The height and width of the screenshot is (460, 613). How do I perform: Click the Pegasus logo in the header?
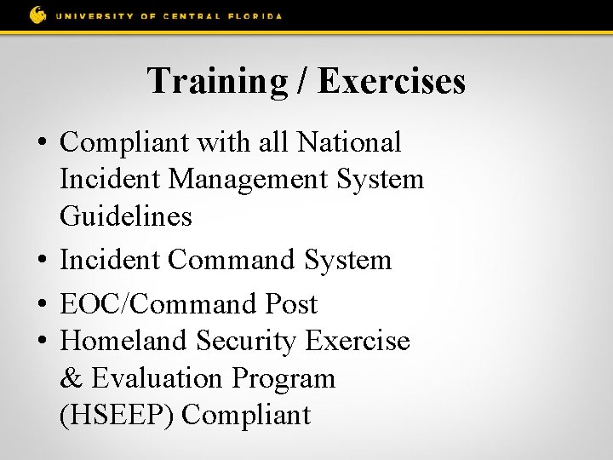coord(37,14)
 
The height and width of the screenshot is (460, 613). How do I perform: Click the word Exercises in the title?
coord(393,81)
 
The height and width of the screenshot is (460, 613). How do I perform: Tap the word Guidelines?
coord(126,216)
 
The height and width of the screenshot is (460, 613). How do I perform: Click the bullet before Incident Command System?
coord(43,260)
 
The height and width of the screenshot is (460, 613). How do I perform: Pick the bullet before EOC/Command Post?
coord(43,304)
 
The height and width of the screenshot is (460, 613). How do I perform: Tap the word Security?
coord(247,341)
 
